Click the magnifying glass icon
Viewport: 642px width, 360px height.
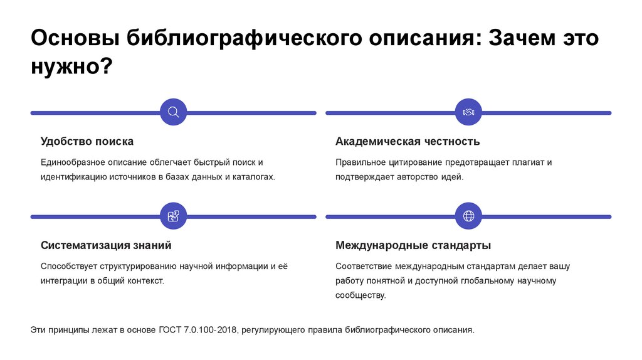174,112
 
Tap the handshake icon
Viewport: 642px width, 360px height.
468,112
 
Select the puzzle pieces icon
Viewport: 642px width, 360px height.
174,216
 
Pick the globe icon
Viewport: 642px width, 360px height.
468,216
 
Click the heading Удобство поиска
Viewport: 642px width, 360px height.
87,141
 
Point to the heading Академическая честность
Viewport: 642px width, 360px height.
408,141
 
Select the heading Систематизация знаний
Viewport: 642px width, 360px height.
106,245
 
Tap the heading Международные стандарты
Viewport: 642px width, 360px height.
413,245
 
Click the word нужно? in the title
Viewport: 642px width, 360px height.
70,66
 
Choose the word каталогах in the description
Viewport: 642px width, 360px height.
253,177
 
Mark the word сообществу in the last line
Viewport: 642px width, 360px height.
360,295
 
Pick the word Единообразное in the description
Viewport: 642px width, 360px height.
69,162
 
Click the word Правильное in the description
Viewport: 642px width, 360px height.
358,162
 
